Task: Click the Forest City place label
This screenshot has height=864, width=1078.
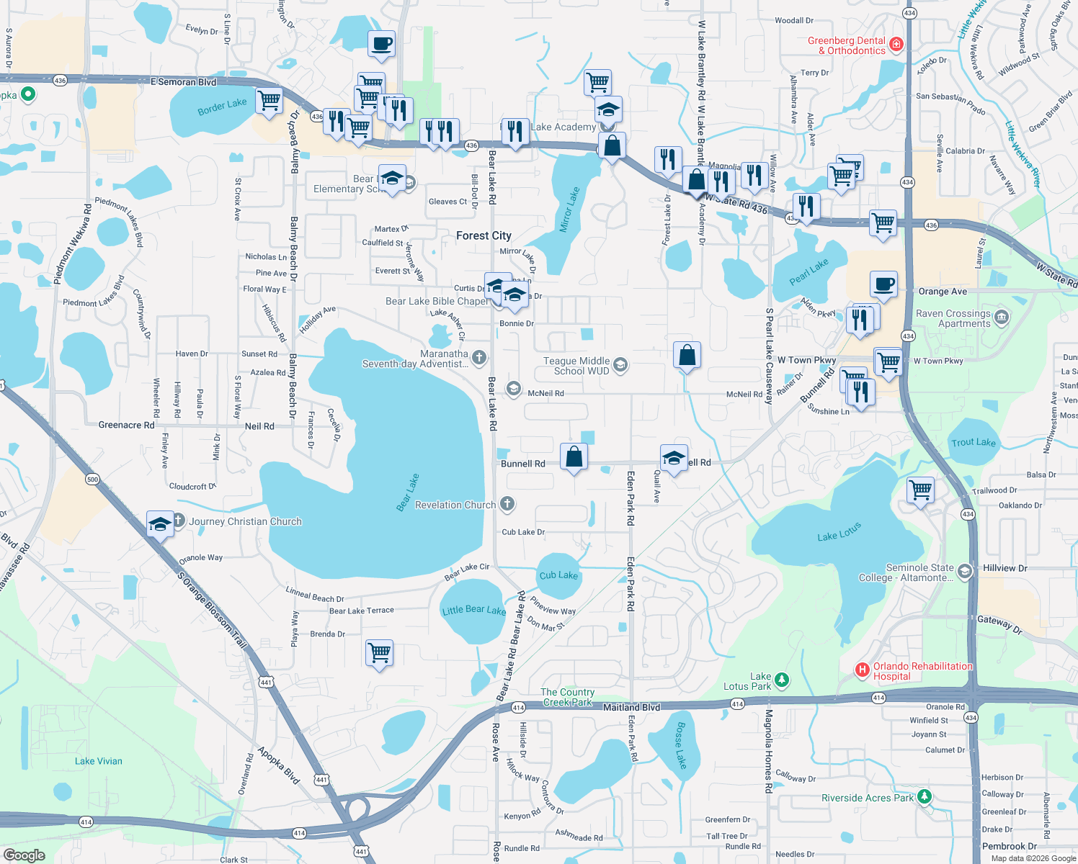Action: tap(484, 235)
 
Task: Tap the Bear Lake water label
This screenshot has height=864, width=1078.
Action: tap(408, 492)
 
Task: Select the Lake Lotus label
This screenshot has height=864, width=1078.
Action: tap(839, 533)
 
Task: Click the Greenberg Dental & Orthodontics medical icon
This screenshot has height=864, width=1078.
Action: tap(896, 45)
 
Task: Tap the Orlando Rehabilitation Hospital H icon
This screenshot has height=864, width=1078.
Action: tap(862, 670)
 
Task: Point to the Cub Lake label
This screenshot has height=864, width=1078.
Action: tap(558, 575)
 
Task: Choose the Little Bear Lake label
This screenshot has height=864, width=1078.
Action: tap(473, 610)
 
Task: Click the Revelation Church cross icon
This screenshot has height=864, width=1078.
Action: tap(507, 504)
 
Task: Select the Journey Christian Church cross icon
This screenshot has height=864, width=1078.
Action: tap(178, 521)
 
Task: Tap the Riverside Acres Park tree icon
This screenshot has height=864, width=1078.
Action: tap(925, 796)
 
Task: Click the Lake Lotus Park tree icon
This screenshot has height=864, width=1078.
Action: tap(782, 680)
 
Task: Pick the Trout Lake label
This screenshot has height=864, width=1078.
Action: tap(973, 442)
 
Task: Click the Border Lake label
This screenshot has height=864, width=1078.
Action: tap(222, 107)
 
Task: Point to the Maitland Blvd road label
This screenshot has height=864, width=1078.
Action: tap(631, 707)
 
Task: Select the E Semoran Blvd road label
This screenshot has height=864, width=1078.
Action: tap(184, 81)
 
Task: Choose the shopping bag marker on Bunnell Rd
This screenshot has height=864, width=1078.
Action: tap(574, 457)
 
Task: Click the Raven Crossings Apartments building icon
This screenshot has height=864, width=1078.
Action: tap(1001, 318)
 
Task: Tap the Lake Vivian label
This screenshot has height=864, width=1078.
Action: tap(99, 761)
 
